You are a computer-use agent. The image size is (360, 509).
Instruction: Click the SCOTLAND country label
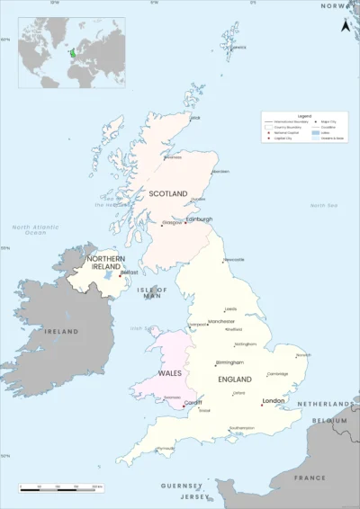[168, 193]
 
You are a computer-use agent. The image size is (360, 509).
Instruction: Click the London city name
[274, 401]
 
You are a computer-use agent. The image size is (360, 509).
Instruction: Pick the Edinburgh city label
[200, 219]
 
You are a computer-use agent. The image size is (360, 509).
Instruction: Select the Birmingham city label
[229, 362]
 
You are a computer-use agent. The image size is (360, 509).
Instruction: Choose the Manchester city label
[220, 321]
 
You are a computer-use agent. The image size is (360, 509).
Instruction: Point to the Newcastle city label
[234, 260]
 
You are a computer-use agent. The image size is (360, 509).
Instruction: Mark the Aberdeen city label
[220, 172]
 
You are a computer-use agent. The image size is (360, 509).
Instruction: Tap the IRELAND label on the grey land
[62, 332]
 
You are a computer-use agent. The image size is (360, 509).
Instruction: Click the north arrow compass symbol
[344, 26]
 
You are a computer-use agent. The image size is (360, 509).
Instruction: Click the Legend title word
[303, 117]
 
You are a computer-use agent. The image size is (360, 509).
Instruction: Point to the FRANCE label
[309, 478]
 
